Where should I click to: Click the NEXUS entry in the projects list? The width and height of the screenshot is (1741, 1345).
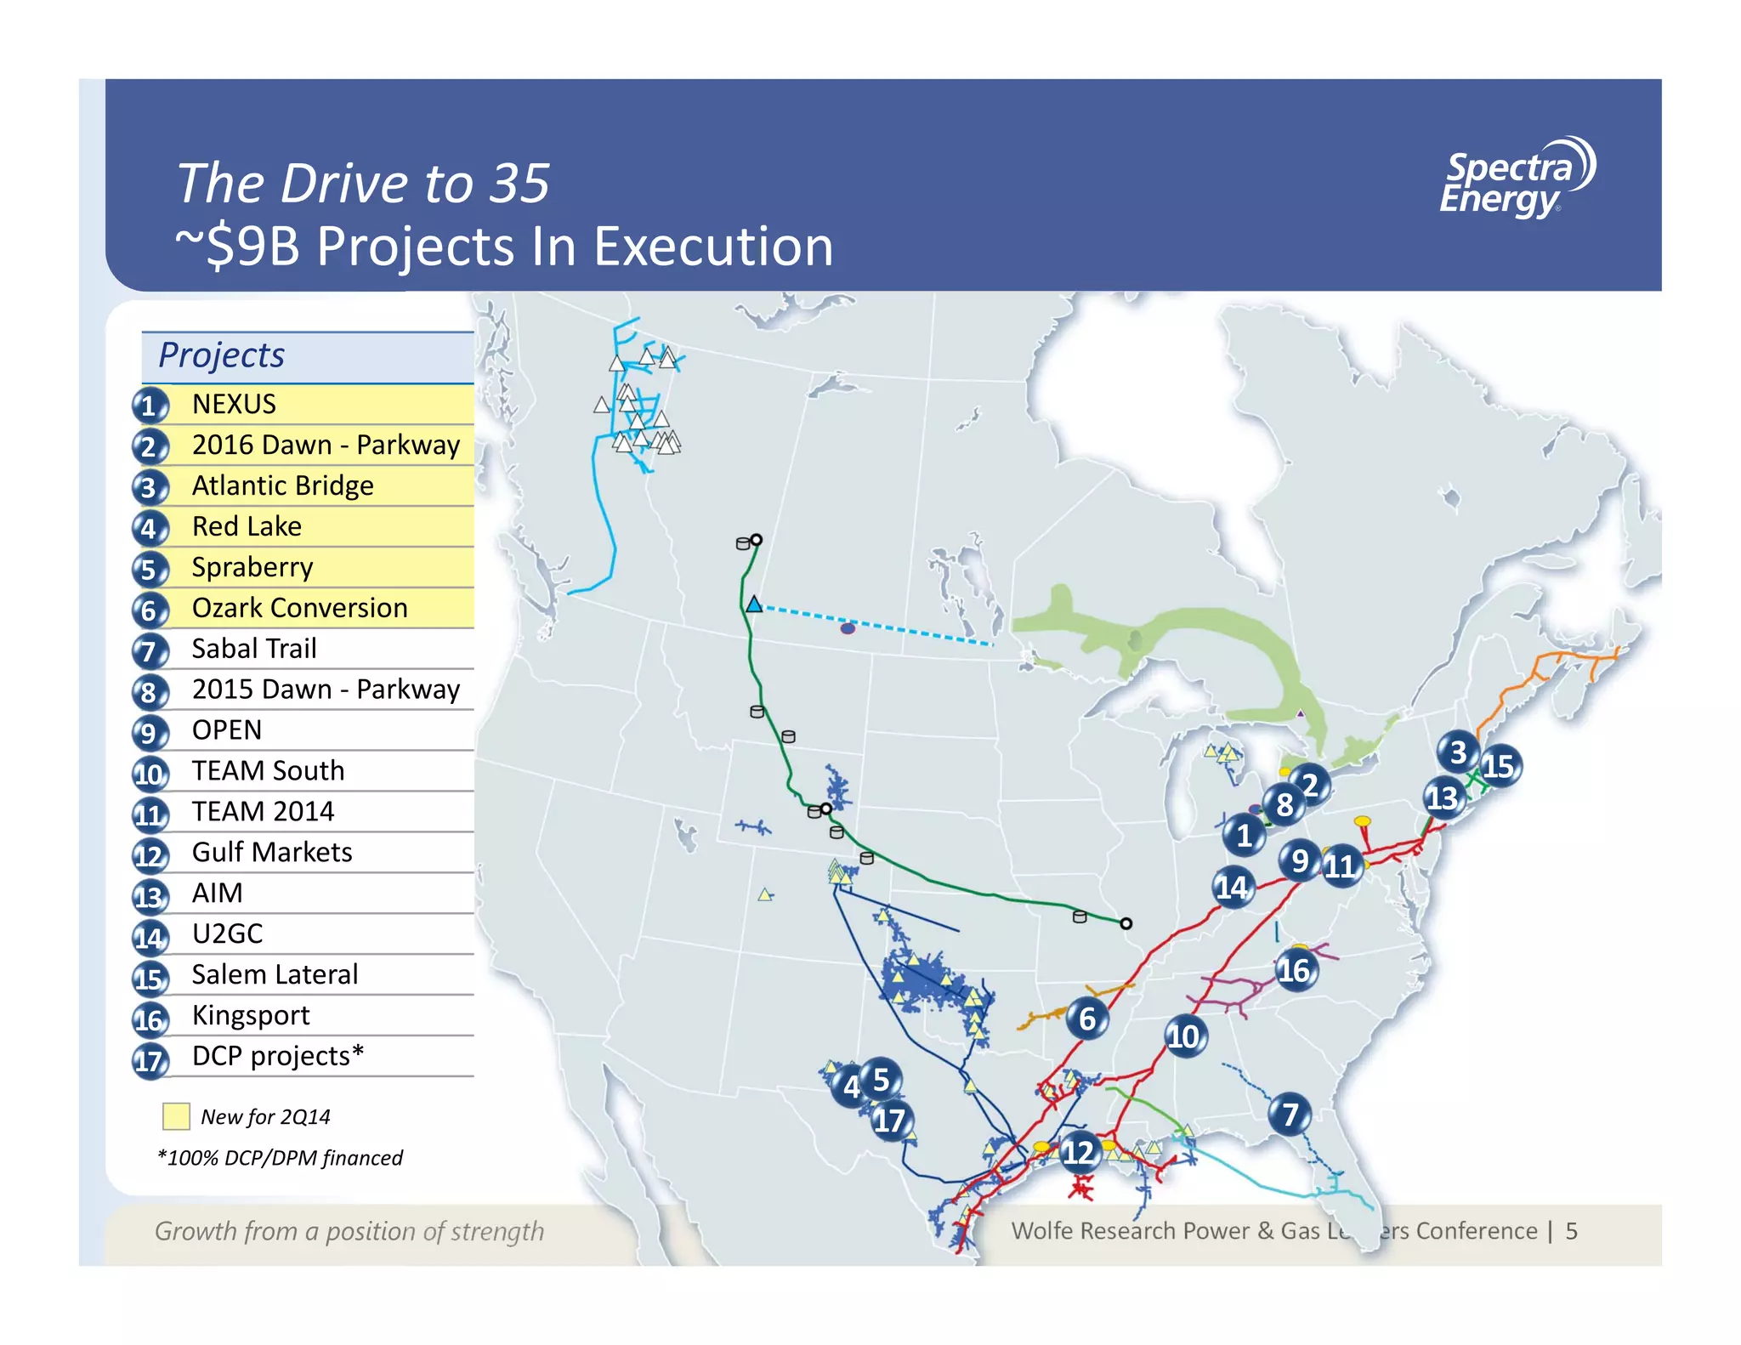click(x=234, y=404)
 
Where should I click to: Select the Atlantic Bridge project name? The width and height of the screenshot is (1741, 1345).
click(x=282, y=485)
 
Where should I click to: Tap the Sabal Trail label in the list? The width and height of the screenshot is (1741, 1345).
click(x=254, y=649)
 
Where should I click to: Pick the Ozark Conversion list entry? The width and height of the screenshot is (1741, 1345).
click(x=299, y=608)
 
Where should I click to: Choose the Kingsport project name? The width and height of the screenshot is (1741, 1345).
click(x=251, y=1015)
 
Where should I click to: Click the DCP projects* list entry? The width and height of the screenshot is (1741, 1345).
click(x=277, y=1056)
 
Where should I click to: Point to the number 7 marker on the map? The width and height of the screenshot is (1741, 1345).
click(x=1290, y=1114)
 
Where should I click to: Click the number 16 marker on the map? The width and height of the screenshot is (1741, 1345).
click(x=1295, y=970)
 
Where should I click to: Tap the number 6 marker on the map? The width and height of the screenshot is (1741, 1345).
click(x=1087, y=1019)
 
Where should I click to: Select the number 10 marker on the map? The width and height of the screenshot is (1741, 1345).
click(x=1183, y=1036)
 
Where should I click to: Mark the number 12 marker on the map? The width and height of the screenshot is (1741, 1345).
click(x=1078, y=1152)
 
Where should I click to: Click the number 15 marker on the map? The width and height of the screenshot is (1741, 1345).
click(x=1500, y=766)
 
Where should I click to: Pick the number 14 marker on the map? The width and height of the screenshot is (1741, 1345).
click(x=1232, y=888)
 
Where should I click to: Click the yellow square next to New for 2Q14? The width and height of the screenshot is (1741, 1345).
click(x=176, y=1116)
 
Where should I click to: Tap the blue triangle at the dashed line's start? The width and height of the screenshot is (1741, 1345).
click(x=754, y=604)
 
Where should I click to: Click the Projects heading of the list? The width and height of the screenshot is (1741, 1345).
click(x=222, y=355)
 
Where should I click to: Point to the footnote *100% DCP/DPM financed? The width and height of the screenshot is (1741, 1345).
click(x=281, y=1158)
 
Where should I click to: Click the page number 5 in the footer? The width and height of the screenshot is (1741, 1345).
click(x=1572, y=1231)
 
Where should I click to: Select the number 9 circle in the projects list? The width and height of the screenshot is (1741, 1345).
click(x=150, y=732)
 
